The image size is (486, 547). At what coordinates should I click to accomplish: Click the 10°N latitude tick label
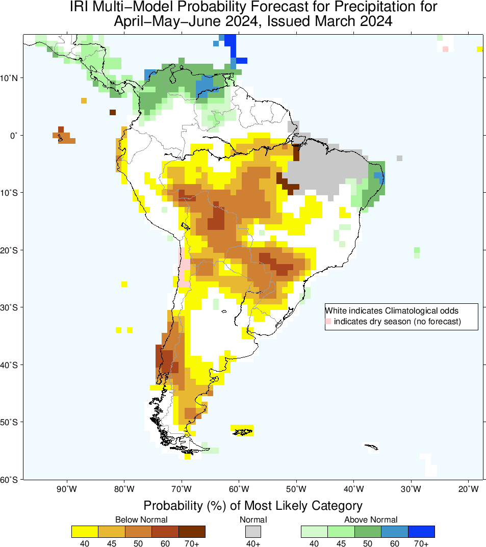coord(11,78)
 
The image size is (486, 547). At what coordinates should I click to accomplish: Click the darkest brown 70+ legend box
coord(192,532)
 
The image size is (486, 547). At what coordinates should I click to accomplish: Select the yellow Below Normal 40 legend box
coord(85,532)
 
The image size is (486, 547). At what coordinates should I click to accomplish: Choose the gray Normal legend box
coord(253,532)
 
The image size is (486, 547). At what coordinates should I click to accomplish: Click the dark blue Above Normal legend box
coord(421,532)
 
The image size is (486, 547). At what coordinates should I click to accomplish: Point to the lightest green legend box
coord(314,532)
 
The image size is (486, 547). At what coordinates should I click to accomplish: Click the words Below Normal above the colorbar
coord(141,519)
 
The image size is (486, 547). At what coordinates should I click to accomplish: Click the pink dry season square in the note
coord(328,321)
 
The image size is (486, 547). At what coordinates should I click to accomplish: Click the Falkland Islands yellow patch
coord(242,430)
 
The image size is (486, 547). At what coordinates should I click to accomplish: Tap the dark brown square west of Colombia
coord(113,112)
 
